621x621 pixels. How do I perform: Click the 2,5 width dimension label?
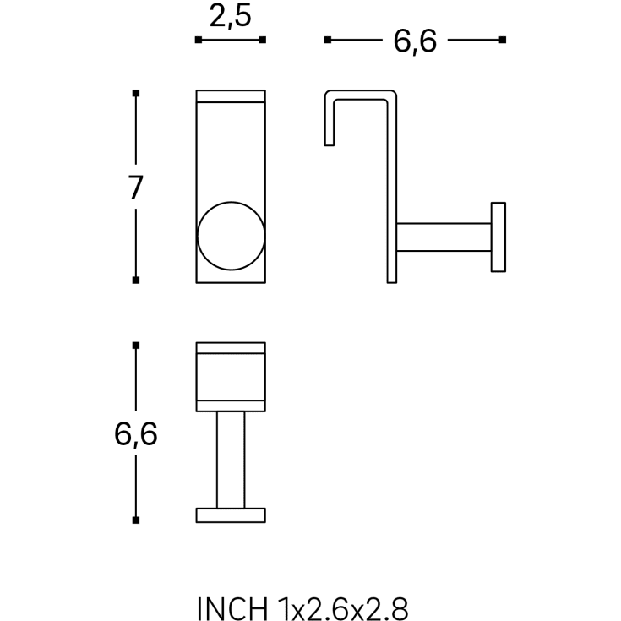coord(230,16)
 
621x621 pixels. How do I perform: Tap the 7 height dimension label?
coord(136,187)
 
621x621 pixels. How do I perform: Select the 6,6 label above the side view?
coord(415,40)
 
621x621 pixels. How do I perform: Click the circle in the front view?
coord(231,236)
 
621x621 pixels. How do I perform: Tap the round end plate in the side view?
coord(498,237)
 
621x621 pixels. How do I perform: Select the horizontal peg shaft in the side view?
coord(444,237)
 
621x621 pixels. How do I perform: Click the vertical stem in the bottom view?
coord(231,460)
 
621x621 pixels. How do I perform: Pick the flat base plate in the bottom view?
coord(231,515)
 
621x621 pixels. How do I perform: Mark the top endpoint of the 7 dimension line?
coord(136,92)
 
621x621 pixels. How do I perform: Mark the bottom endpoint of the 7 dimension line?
coord(136,280)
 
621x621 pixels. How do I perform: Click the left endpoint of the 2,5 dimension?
coord(198,40)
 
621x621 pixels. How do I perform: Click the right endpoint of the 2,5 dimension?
coord(264,40)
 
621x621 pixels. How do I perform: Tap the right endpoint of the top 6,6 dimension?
coord(503,40)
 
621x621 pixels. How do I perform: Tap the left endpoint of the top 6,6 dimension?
coord(328,40)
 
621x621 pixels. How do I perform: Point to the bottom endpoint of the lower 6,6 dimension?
coord(136,520)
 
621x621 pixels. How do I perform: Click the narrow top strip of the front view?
coord(231,95)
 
